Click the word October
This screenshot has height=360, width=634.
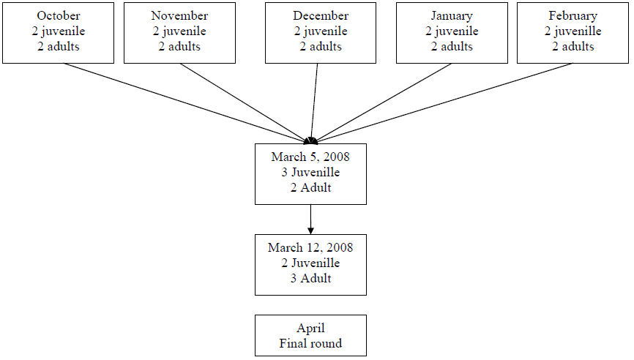(59, 16)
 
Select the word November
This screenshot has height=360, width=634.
(179, 16)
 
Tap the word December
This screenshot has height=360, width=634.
(321, 16)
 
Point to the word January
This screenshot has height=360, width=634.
(452, 16)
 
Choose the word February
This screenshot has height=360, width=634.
(573, 16)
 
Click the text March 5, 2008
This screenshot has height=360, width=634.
(310, 157)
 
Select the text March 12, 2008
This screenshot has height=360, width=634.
(310, 247)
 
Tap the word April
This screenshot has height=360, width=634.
(310, 328)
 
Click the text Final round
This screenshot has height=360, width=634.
(310, 343)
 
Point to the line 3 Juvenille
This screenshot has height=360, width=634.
(310, 173)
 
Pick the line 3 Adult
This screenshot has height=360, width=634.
(310, 278)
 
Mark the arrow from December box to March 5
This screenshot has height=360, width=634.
(314, 103)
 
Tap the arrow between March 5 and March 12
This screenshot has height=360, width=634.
(310, 220)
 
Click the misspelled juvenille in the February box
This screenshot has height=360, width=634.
(578, 31)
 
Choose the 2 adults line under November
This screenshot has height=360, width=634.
(179, 47)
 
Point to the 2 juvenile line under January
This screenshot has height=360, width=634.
(452, 31)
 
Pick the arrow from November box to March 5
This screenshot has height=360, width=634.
(245, 103)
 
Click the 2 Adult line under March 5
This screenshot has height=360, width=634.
(310, 187)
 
